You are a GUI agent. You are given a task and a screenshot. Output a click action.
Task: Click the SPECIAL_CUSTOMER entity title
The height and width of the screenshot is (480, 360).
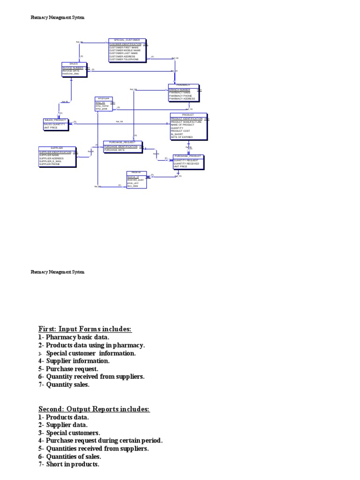coord(127,40)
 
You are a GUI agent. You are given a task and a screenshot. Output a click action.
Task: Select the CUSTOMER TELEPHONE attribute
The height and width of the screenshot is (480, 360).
coord(124,60)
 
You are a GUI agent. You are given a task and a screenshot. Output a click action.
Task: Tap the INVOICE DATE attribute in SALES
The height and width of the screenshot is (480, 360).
coord(72,71)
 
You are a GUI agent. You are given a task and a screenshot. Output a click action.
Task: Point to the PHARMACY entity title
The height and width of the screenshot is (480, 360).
coord(183,85)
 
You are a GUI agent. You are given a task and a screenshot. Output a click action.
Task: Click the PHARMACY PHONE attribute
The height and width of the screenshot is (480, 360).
coord(180,96)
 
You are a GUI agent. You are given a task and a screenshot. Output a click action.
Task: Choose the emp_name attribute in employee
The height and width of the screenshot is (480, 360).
coord(102,106)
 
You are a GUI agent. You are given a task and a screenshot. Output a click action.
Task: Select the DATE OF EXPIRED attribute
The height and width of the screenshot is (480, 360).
coord(182,137)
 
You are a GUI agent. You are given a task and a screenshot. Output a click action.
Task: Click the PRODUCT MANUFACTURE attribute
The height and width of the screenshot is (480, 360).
coord(186,122)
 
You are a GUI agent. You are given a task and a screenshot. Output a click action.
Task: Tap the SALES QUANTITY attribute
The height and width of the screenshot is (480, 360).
coord(54,124)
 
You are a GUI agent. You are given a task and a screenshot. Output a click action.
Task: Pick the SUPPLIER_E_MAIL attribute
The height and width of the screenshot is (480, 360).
coord(50,161)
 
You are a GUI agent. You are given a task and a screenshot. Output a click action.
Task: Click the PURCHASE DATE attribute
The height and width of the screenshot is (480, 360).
coord(114,150)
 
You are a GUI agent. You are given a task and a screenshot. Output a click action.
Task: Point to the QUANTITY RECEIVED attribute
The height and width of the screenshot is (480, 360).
coord(186,164)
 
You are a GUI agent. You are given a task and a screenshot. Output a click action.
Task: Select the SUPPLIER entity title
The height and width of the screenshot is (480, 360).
coord(57,148)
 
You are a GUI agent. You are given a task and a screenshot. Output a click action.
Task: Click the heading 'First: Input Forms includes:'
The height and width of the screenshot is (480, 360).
coord(85,329)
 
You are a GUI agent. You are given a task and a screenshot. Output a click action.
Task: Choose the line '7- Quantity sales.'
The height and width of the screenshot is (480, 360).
coord(64,385)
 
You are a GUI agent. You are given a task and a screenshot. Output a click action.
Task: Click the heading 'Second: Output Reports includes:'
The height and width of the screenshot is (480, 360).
coord(94,409)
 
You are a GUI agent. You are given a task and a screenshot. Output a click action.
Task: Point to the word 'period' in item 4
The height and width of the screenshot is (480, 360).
coord(150,441)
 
